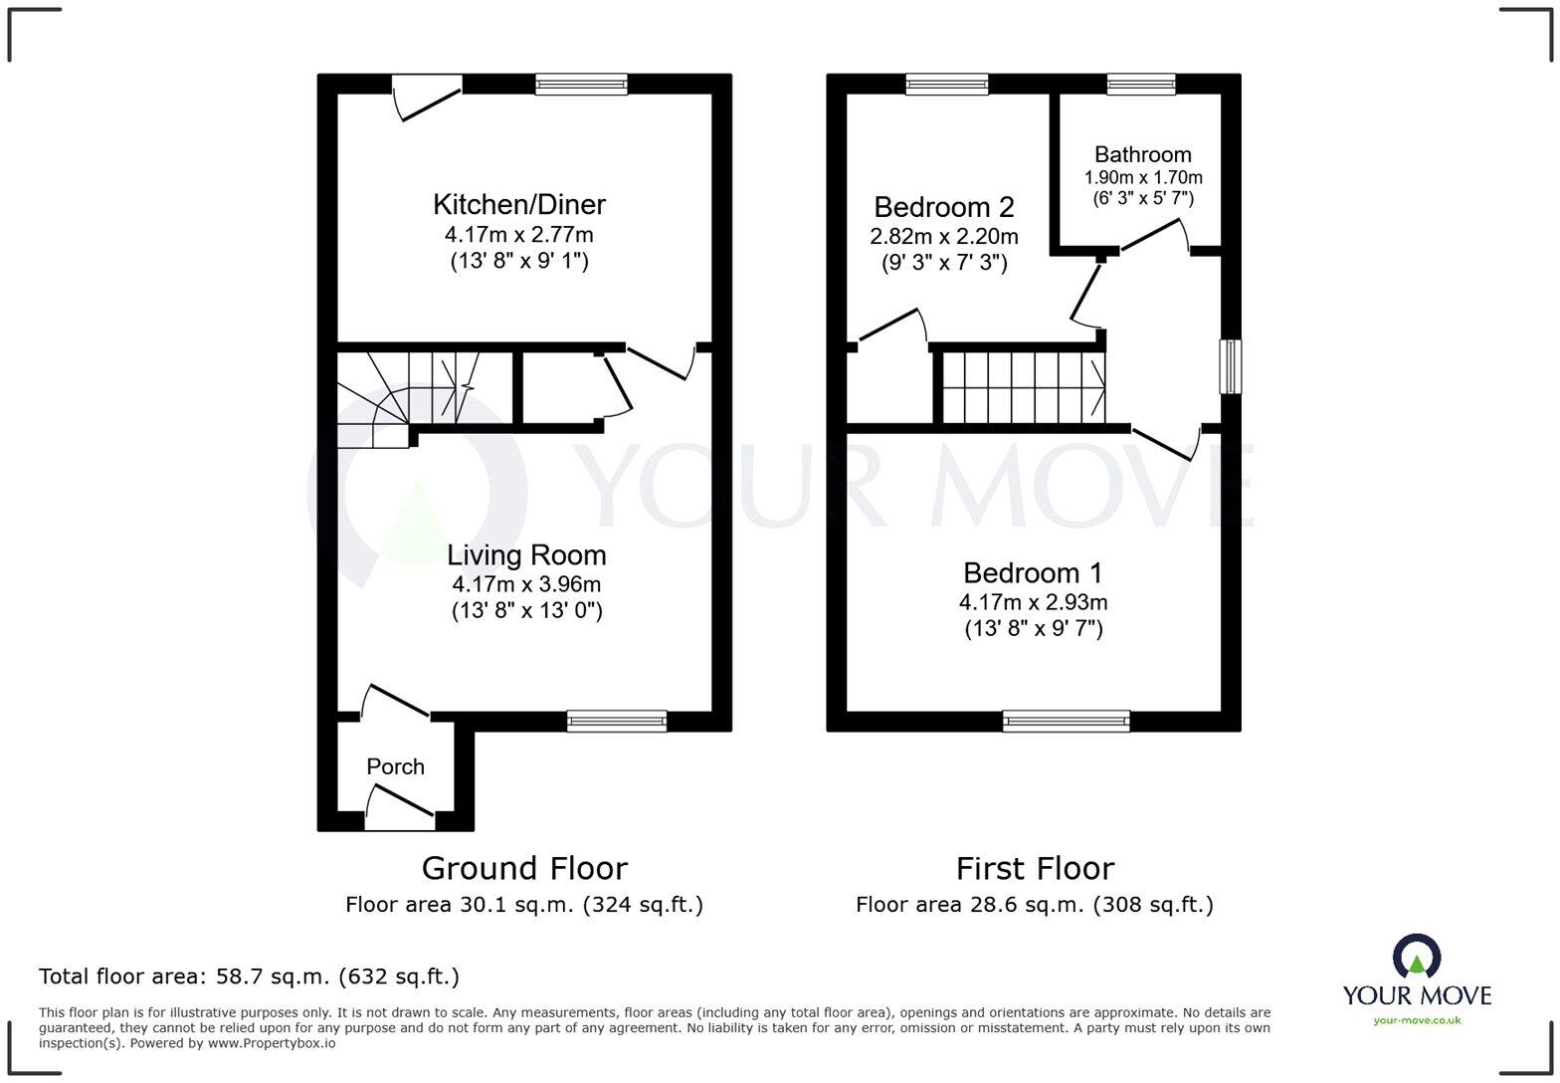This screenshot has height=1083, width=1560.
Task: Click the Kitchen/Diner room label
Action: pyautogui.click(x=518, y=205)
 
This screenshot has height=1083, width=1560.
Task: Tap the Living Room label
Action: pyautogui.click(x=525, y=555)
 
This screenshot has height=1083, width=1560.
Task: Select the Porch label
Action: pyautogui.click(x=395, y=766)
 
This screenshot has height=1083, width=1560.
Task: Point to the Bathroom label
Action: pyautogui.click(x=1142, y=154)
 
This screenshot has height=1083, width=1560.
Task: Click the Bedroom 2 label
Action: pyautogui.click(x=943, y=207)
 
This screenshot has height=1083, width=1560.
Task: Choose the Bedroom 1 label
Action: pyautogui.click(x=1033, y=573)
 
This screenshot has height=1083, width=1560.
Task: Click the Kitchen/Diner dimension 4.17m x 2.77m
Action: pyautogui.click(x=518, y=235)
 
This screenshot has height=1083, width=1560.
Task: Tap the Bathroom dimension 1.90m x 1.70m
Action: pyautogui.click(x=1142, y=178)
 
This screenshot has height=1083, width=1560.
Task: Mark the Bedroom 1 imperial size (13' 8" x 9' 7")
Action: pyautogui.click(x=1033, y=629)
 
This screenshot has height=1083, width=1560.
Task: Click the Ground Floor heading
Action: pyautogui.click(x=524, y=868)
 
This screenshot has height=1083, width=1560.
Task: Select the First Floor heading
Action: pyautogui.click(x=1035, y=868)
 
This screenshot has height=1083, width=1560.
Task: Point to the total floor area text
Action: pyautogui.click(x=249, y=976)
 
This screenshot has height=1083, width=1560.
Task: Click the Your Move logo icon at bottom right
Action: pyautogui.click(x=1417, y=957)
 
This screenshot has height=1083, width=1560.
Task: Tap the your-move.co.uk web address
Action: pyautogui.click(x=1417, y=1019)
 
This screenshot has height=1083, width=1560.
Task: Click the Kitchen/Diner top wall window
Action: pyautogui.click(x=581, y=85)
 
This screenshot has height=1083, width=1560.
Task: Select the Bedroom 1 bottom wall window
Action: pyautogui.click(x=1066, y=721)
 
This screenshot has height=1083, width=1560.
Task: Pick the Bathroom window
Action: pyautogui.click(x=1140, y=85)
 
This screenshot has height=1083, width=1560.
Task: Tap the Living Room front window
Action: pyautogui.click(x=616, y=721)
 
